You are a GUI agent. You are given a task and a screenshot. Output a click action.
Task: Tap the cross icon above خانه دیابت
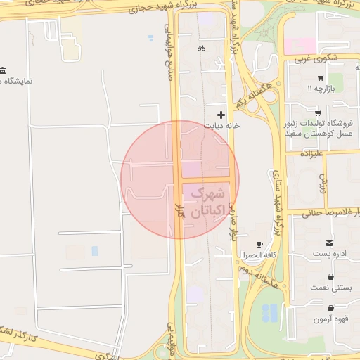[221, 115]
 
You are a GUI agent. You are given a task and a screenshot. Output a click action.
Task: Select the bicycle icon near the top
[202, 49]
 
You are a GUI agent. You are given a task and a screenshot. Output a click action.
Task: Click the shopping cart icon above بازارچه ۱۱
[321, 78]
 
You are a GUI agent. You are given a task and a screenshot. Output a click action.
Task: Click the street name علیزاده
[311, 153]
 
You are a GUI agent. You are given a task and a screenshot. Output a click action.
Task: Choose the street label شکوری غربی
[322, 58]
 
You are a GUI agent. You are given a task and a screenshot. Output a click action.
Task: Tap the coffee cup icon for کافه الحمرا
[260, 243]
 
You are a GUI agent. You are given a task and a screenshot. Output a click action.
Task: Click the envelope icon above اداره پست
[329, 242]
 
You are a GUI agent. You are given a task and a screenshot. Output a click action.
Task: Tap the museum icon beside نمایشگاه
[4, 71]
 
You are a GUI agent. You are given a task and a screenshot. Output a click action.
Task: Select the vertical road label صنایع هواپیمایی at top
[169, 51]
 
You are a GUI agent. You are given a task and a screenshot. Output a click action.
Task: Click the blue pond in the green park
[268, 312]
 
